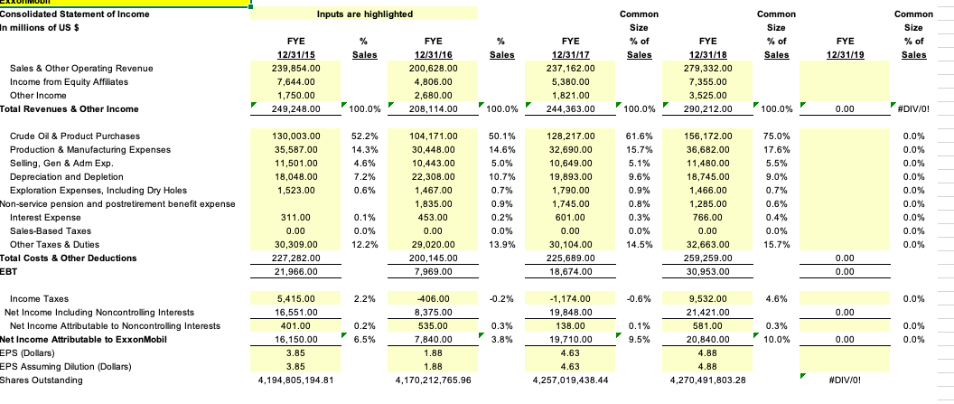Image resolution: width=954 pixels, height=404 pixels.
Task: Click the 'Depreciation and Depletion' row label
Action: (75, 178)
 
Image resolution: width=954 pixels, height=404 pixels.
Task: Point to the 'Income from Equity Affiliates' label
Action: (70, 81)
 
